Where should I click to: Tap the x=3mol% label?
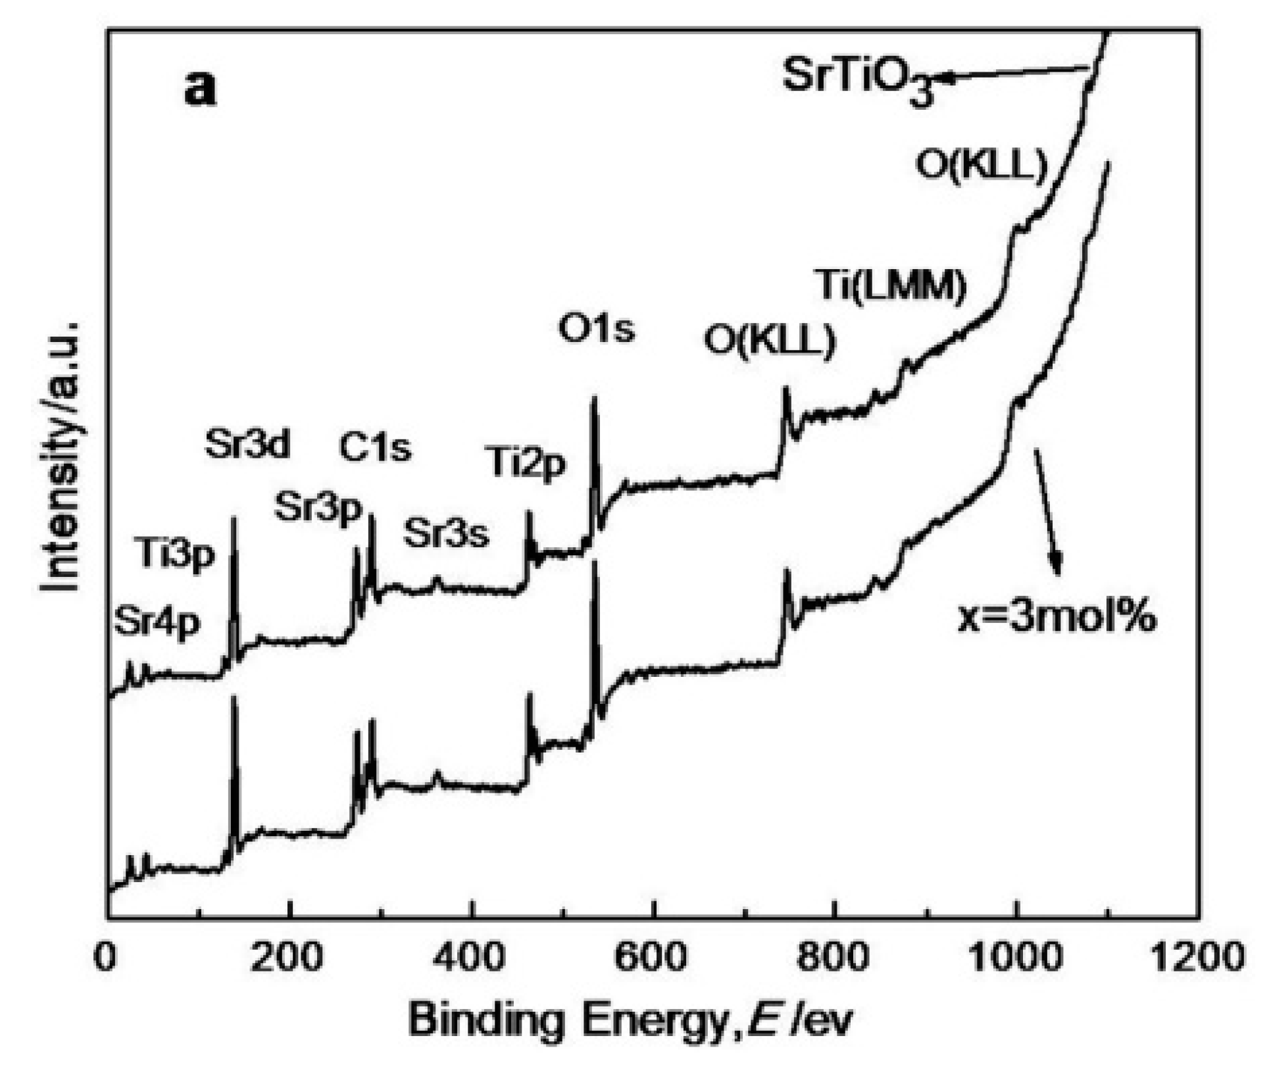[x=1056, y=618]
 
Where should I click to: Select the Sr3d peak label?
[x=247, y=445]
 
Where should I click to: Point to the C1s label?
[x=375, y=448]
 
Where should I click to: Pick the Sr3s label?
[x=446, y=533]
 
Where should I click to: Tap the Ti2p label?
[x=526, y=463]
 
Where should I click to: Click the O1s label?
[x=596, y=328]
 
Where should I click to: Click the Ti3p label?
[x=176, y=555]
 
